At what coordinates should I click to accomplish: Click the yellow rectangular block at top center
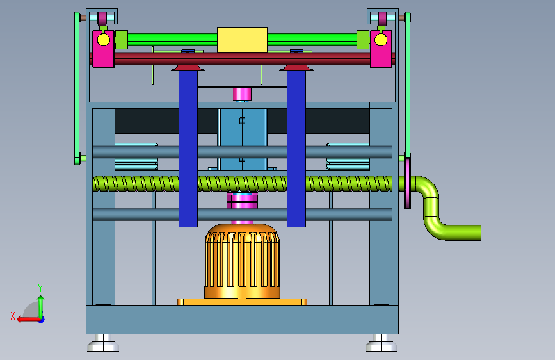coord(242,39)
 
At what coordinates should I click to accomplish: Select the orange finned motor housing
coord(242,261)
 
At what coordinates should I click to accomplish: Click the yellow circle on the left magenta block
coord(103,40)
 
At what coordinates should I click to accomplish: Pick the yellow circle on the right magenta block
coord(381,40)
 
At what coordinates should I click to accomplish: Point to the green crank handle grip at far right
coord(463,233)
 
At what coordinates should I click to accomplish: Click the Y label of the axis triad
coord(40,288)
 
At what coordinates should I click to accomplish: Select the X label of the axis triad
coord(13,316)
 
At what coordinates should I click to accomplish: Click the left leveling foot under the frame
coord(103,343)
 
